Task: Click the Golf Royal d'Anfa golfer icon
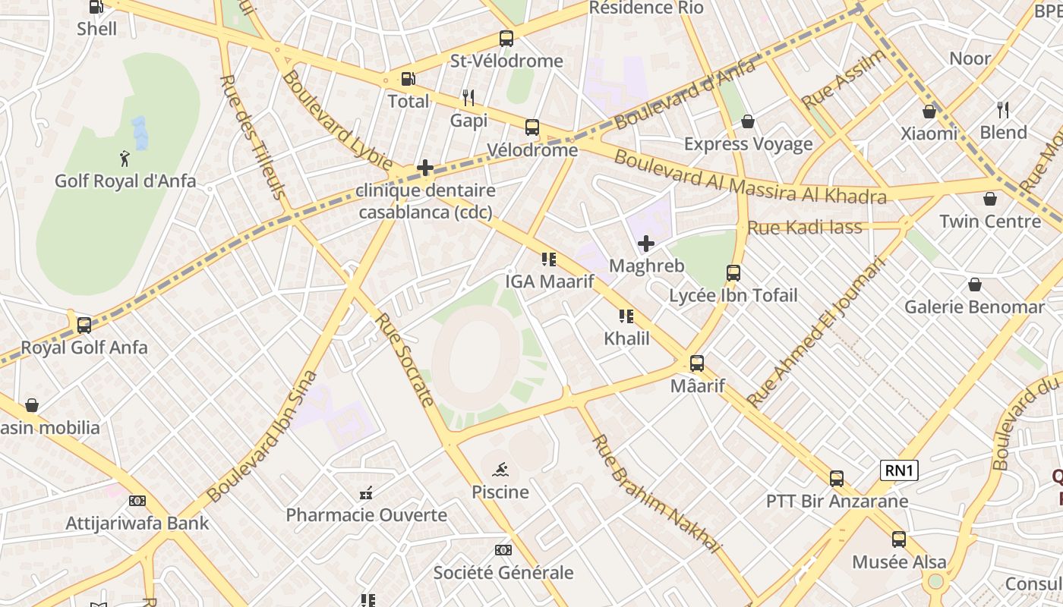pyautogui.click(x=125, y=159)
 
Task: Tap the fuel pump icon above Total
pyautogui.click(x=408, y=79)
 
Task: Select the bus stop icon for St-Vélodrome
pyautogui.click(x=506, y=39)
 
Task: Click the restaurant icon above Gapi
pyautogui.click(x=468, y=98)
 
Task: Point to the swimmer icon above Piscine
pyautogui.click(x=500, y=470)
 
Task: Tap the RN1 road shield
pyautogui.click(x=899, y=470)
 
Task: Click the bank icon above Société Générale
pyautogui.click(x=503, y=550)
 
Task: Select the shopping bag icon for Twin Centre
pyautogui.click(x=990, y=200)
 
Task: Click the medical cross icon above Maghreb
pyautogui.click(x=646, y=244)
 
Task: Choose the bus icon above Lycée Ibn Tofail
pyautogui.click(x=733, y=273)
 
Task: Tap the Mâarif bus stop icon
pyautogui.click(x=697, y=363)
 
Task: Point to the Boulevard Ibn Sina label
pyautogui.click(x=262, y=436)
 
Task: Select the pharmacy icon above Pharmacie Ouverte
pyautogui.click(x=366, y=493)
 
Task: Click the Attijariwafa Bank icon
pyautogui.click(x=137, y=501)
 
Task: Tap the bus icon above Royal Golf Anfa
pyautogui.click(x=84, y=326)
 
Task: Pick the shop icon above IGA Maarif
pyautogui.click(x=549, y=259)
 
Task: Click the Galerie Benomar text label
pyautogui.click(x=974, y=307)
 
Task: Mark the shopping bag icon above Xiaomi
pyautogui.click(x=929, y=112)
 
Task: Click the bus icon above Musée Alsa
pyautogui.click(x=899, y=539)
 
